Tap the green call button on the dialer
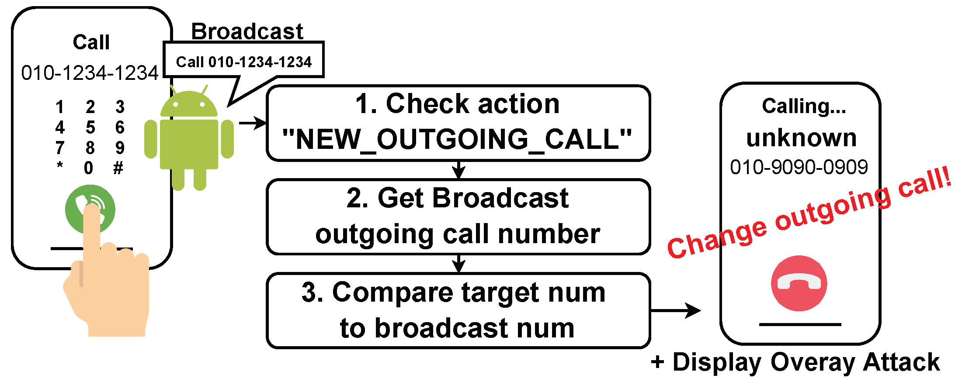[x=90, y=210]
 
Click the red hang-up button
[x=799, y=283]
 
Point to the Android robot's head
[x=189, y=103]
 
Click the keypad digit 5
[x=90, y=127]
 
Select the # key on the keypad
[x=118, y=168]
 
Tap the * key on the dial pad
[x=60, y=165]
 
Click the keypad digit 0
[x=89, y=168]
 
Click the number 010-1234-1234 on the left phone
[x=90, y=73]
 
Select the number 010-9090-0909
[x=799, y=167]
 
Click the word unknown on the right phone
[x=801, y=138]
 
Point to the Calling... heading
[x=804, y=106]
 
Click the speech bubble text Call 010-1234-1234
[x=244, y=62]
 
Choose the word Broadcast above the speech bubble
[x=247, y=31]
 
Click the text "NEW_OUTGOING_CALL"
[x=457, y=139]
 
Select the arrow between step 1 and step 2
[x=458, y=170]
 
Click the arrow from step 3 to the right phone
[x=676, y=311]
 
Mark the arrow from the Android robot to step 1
[x=253, y=123]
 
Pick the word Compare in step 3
[x=393, y=293]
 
